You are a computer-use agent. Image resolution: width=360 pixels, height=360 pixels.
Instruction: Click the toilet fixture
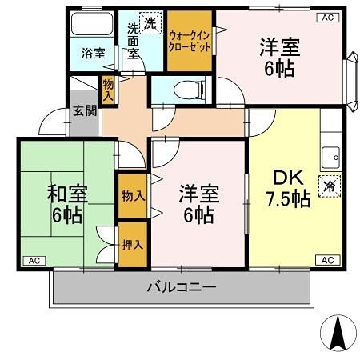tap(189, 90)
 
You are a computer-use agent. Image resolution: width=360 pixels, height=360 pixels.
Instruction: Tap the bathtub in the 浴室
tap(92, 23)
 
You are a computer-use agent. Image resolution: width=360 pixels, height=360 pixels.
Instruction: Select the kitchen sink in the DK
tap(330, 158)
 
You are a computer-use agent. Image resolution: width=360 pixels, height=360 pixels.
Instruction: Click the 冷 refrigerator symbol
tap(330, 186)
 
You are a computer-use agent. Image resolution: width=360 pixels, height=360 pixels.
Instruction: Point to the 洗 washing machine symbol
tap(150, 23)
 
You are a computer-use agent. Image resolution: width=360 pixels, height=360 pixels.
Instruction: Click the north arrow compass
tap(338, 333)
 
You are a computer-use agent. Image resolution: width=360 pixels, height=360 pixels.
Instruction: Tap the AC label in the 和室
tap(34, 261)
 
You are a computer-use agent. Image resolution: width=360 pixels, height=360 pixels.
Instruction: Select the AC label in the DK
tap(328, 260)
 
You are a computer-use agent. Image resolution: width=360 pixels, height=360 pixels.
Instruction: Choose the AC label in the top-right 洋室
tap(328, 18)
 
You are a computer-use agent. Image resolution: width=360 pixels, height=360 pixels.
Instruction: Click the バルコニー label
tap(182, 287)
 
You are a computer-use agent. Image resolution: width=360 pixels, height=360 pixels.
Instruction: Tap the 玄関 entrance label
tap(85, 110)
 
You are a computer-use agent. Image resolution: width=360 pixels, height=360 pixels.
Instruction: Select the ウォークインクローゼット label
tap(190, 41)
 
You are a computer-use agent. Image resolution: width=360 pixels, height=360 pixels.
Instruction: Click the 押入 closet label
tap(133, 245)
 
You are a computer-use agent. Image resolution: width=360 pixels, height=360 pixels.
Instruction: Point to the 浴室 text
tap(94, 54)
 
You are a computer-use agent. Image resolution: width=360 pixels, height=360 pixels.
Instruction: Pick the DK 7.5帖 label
tap(289, 188)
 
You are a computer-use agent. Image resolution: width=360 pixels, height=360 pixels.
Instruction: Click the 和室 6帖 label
tap(67, 203)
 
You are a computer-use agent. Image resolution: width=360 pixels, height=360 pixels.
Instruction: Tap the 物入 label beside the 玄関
tap(108, 90)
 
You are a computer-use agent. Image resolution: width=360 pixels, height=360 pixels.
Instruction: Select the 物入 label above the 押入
tap(133, 196)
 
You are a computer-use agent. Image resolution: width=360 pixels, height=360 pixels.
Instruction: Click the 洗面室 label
tap(133, 41)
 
